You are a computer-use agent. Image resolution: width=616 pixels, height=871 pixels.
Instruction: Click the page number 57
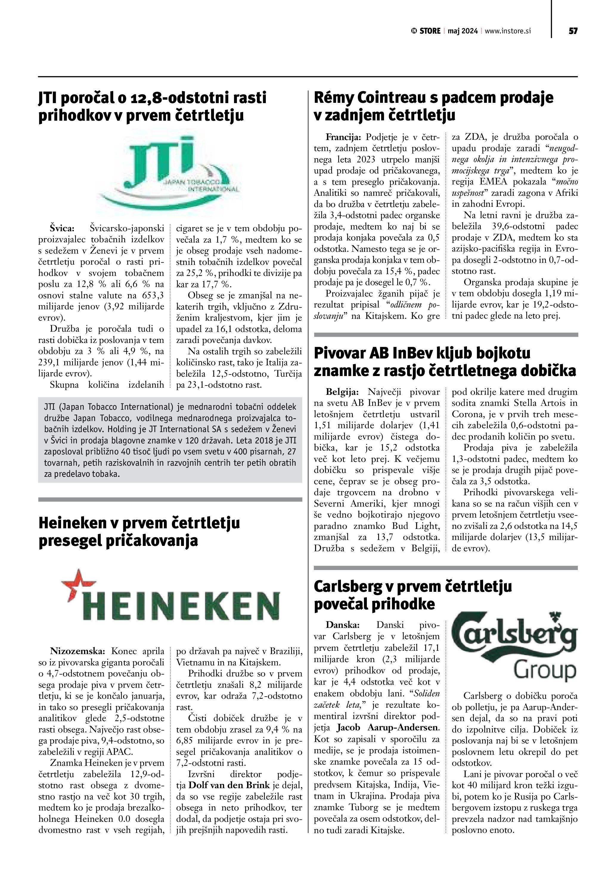pos(573,31)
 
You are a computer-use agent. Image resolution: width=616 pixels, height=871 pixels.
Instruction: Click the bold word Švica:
pos(63,228)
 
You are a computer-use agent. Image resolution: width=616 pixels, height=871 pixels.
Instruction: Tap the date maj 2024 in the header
pos(463,31)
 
